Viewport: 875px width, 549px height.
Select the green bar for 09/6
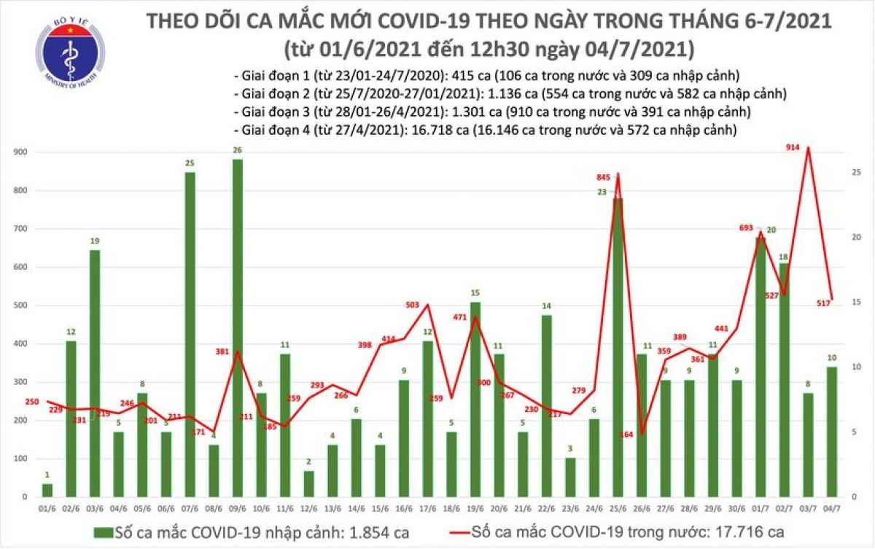pyautogui.click(x=238, y=328)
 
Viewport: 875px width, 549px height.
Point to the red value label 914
pyautogui.click(x=794, y=147)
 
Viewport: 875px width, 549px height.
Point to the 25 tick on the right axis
pyautogui.click(x=858, y=172)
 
